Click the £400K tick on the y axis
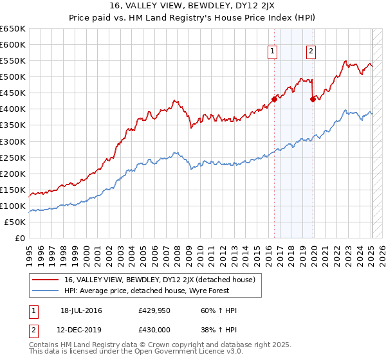pyautogui.click(x=12, y=109)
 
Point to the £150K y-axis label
pyautogui.click(x=12, y=190)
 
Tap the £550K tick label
pyautogui.click(x=12, y=60)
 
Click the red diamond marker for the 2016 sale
pyautogui.click(x=274, y=99)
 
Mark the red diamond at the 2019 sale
pyautogui.click(x=313, y=99)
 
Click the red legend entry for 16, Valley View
pyautogui.click(x=160, y=280)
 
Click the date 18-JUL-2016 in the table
pyautogui.click(x=81, y=311)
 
